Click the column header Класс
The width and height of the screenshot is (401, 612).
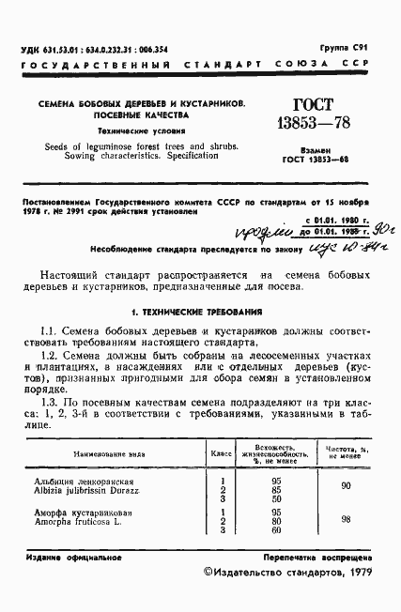tap(222, 452)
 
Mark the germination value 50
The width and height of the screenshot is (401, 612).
tap(275, 499)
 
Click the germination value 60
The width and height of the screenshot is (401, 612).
tap(275, 531)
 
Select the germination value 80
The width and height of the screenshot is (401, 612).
tap(275, 522)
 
